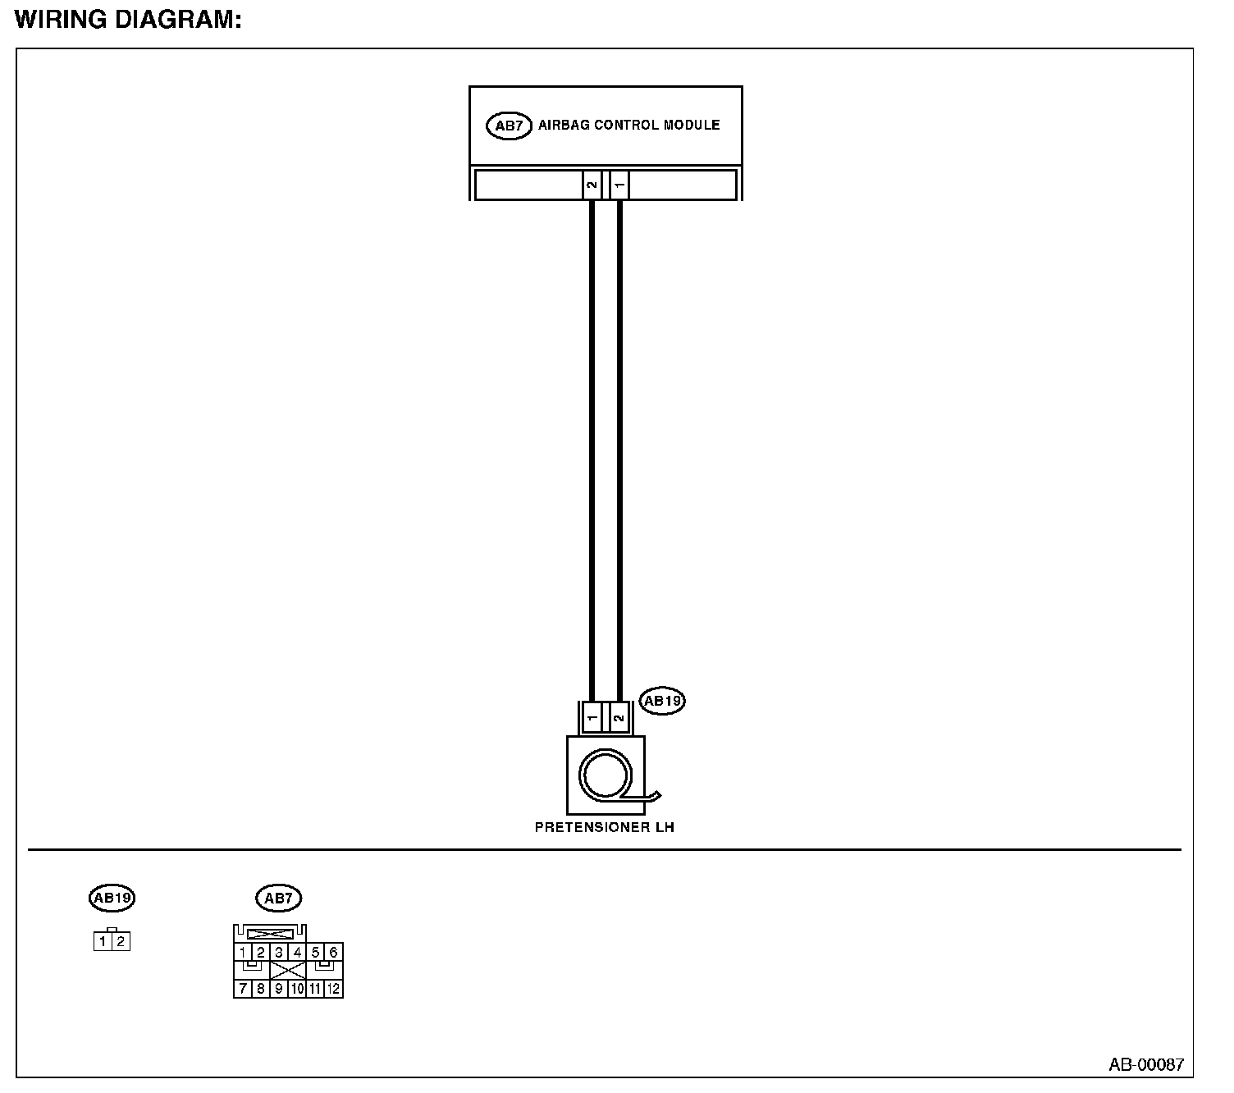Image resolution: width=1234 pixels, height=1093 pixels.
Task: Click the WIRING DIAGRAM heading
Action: (x=128, y=21)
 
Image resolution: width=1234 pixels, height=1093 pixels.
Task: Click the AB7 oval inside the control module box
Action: (x=509, y=126)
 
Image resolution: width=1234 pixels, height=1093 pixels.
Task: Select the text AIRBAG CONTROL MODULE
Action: (x=628, y=126)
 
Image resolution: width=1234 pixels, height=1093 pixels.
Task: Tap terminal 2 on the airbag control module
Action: (x=592, y=185)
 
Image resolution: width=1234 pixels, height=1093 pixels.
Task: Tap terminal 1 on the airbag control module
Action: (x=620, y=185)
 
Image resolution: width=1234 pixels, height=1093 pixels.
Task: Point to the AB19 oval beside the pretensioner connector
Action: (x=662, y=701)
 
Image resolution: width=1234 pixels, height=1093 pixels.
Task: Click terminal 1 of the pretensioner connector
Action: (x=592, y=718)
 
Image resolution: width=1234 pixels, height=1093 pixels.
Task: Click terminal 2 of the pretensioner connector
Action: (x=619, y=718)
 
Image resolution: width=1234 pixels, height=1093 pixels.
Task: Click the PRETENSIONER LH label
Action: (x=605, y=828)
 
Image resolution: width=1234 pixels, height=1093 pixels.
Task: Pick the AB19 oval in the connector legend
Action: (x=112, y=898)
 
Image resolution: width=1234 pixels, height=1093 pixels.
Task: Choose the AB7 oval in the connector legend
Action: (x=279, y=899)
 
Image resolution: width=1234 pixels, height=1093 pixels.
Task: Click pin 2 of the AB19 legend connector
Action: (x=121, y=942)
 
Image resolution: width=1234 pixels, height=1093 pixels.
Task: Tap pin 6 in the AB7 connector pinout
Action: (x=333, y=953)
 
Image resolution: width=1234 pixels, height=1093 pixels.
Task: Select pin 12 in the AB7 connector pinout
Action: (x=333, y=989)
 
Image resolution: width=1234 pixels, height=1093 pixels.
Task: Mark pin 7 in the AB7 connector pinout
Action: (x=243, y=989)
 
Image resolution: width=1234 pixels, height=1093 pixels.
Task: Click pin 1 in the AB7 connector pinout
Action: (x=243, y=953)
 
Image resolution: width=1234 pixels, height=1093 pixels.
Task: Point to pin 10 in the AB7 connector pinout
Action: (x=297, y=989)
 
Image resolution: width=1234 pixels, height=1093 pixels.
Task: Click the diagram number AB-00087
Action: (x=1146, y=1065)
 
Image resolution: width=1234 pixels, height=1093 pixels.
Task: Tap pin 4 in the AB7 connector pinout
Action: (x=297, y=953)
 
